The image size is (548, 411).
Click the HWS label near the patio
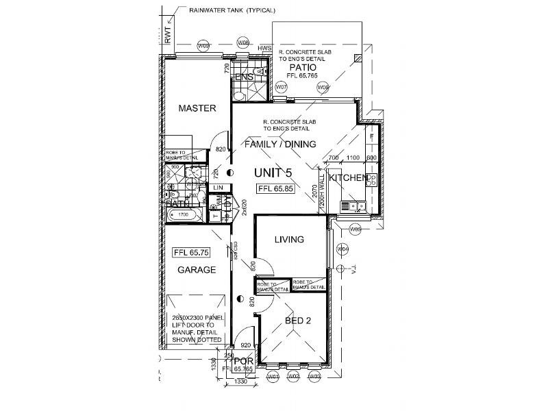(x=264, y=49)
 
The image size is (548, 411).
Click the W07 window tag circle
(x=281, y=88)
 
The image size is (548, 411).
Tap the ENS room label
(x=245, y=78)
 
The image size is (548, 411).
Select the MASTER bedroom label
(x=197, y=108)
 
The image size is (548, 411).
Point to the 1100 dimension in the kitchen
(x=353, y=158)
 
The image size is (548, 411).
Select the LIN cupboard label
(x=219, y=187)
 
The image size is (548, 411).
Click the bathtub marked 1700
(x=183, y=215)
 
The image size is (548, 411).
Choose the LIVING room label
(x=289, y=239)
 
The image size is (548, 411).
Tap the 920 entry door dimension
(x=247, y=346)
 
